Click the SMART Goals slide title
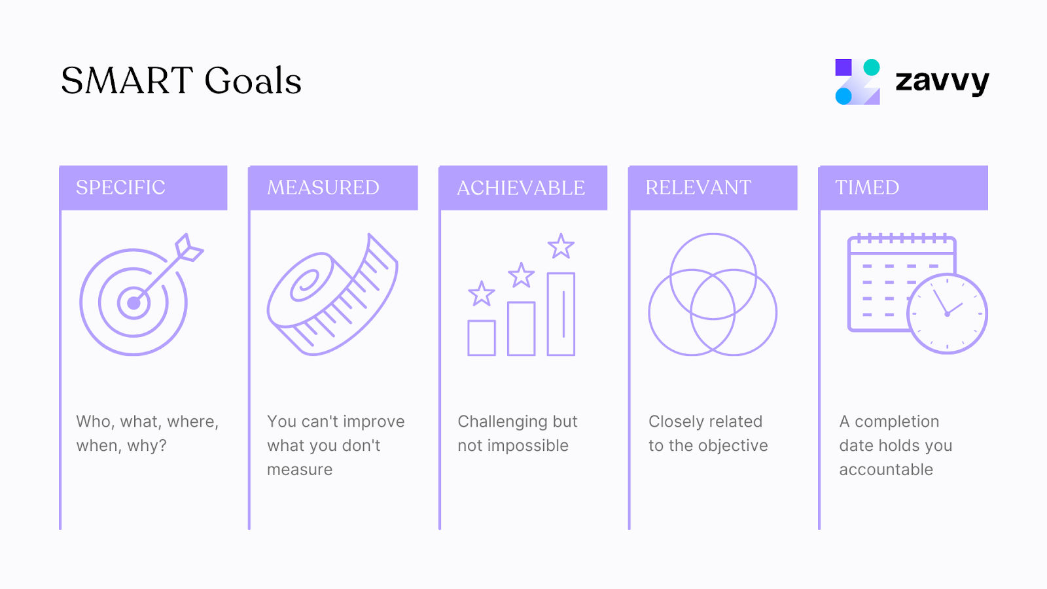(181, 80)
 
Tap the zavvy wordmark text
(942, 82)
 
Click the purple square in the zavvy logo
(843, 67)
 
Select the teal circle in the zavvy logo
(872, 67)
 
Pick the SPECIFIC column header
(120, 188)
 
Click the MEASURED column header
(323, 188)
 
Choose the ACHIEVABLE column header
(521, 188)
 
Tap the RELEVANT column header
(698, 188)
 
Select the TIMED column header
(867, 188)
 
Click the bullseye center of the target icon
(133, 303)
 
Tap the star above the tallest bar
(561, 247)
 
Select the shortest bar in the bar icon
(482, 338)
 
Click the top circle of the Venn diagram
(713, 262)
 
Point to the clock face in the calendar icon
(947, 314)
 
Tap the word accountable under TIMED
(886, 470)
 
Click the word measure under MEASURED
(300, 470)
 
